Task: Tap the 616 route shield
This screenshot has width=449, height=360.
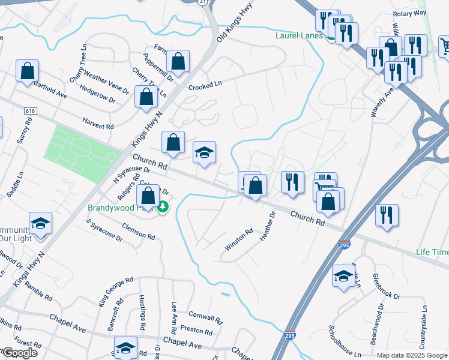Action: coord(31,112)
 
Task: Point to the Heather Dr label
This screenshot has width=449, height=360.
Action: coord(267,226)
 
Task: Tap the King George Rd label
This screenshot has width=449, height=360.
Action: coord(116,290)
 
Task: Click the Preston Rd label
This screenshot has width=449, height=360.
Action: coord(196,331)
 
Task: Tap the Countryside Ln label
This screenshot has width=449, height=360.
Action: coord(423,328)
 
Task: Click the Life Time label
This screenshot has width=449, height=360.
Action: coord(432,252)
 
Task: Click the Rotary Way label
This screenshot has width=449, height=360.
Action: coord(409,13)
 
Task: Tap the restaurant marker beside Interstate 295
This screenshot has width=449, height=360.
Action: coord(385,215)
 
